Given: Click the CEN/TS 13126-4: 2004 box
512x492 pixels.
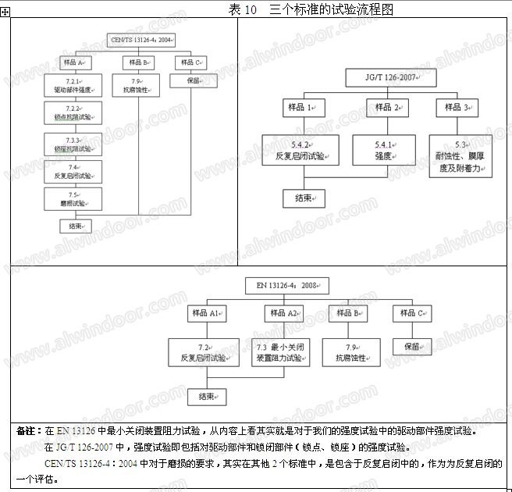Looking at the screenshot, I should pyautogui.click(x=141, y=39).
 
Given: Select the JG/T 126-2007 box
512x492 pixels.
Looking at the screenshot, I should pyautogui.click(x=389, y=78).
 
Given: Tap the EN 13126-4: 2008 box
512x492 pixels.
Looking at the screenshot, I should pyautogui.click(x=287, y=285).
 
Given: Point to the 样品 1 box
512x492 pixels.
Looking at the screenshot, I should pyautogui.click(x=300, y=108).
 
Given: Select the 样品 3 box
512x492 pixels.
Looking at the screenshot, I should pyautogui.click(x=463, y=108).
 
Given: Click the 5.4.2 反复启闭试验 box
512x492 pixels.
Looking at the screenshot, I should pyautogui.click(x=300, y=150).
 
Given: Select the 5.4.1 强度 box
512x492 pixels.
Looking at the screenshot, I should pyautogui.click(x=383, y=150).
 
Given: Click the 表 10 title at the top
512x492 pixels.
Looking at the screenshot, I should pyautogui.click(x=311, y=9).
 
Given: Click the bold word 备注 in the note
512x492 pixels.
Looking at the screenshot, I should pyautogui.click(x=26, y=430).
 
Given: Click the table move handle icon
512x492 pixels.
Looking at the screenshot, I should pyautogui.click(x=5, y=22).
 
